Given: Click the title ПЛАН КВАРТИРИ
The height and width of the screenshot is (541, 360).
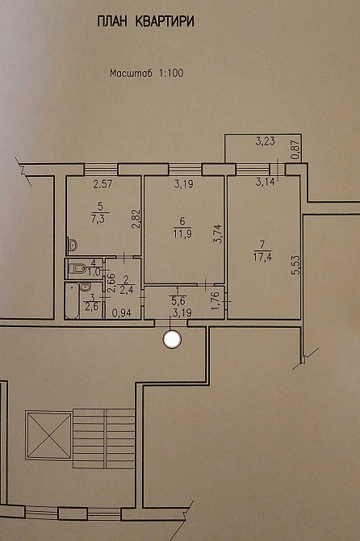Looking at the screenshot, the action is click(x=145, y=22).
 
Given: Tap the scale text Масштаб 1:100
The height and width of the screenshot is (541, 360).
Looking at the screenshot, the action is click(x=147, y=73).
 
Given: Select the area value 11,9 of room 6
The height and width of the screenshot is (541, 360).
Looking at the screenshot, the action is click(x=182, y=233).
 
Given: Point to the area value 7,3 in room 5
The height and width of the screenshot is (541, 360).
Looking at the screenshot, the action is click(x=99, y=220).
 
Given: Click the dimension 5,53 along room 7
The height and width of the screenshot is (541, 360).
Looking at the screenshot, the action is click(x=295, y=265).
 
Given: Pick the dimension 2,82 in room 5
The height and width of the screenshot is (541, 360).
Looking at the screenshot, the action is click(x=136, y=220).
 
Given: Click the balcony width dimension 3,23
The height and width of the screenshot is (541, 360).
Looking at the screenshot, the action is click(x=265, y=141).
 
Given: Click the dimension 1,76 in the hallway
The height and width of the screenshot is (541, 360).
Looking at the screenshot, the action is click(x=216, y=301).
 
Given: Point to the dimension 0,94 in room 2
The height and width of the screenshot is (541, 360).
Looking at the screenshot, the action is click(x=122, y=313).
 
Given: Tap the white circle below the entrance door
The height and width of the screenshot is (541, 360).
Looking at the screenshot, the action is click(x=172, y=339).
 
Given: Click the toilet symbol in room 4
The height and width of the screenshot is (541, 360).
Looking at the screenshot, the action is click(x=77, y=268).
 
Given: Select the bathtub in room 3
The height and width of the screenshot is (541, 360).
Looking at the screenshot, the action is click(x=72, y=300).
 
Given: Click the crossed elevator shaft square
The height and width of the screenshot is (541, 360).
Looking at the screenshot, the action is click(x=49, y=435).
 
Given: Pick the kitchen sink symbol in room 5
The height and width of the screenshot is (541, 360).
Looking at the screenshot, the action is click(x=73, y=245).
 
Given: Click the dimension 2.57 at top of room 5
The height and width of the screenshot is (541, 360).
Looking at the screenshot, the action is click(x=103, y=184).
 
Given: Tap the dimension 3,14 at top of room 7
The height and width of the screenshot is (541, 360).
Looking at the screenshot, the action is click(x=266, y=182).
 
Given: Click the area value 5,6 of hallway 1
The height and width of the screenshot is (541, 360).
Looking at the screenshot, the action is click(x=181, y=301).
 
